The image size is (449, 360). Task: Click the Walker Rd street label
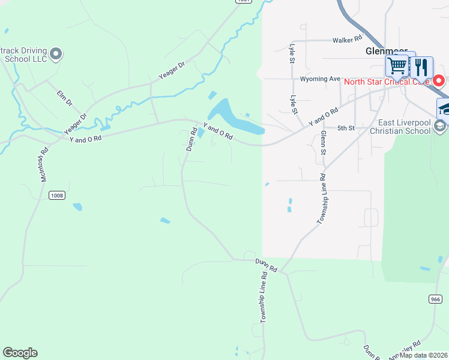click(x=348, y=40)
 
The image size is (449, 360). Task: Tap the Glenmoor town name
click(x=386, y=52)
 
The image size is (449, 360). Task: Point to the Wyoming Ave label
click(x=320, y=79)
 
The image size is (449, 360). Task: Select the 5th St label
click(x=346, y=128)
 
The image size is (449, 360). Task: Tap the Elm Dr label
click(x=64, y=98)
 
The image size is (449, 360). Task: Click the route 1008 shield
click(x=57, y=196)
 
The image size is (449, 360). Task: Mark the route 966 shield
click(x=435, y=299)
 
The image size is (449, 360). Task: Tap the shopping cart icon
click(x=397, y=65)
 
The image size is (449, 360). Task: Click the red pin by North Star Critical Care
click(x=439, y=80)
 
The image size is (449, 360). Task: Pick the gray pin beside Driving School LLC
click(x=56, y=55)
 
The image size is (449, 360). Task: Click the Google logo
click(x=20, y=353)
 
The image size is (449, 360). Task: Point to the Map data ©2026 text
click(x=424, y=355)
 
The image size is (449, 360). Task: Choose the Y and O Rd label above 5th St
click(x=324, y=116)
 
